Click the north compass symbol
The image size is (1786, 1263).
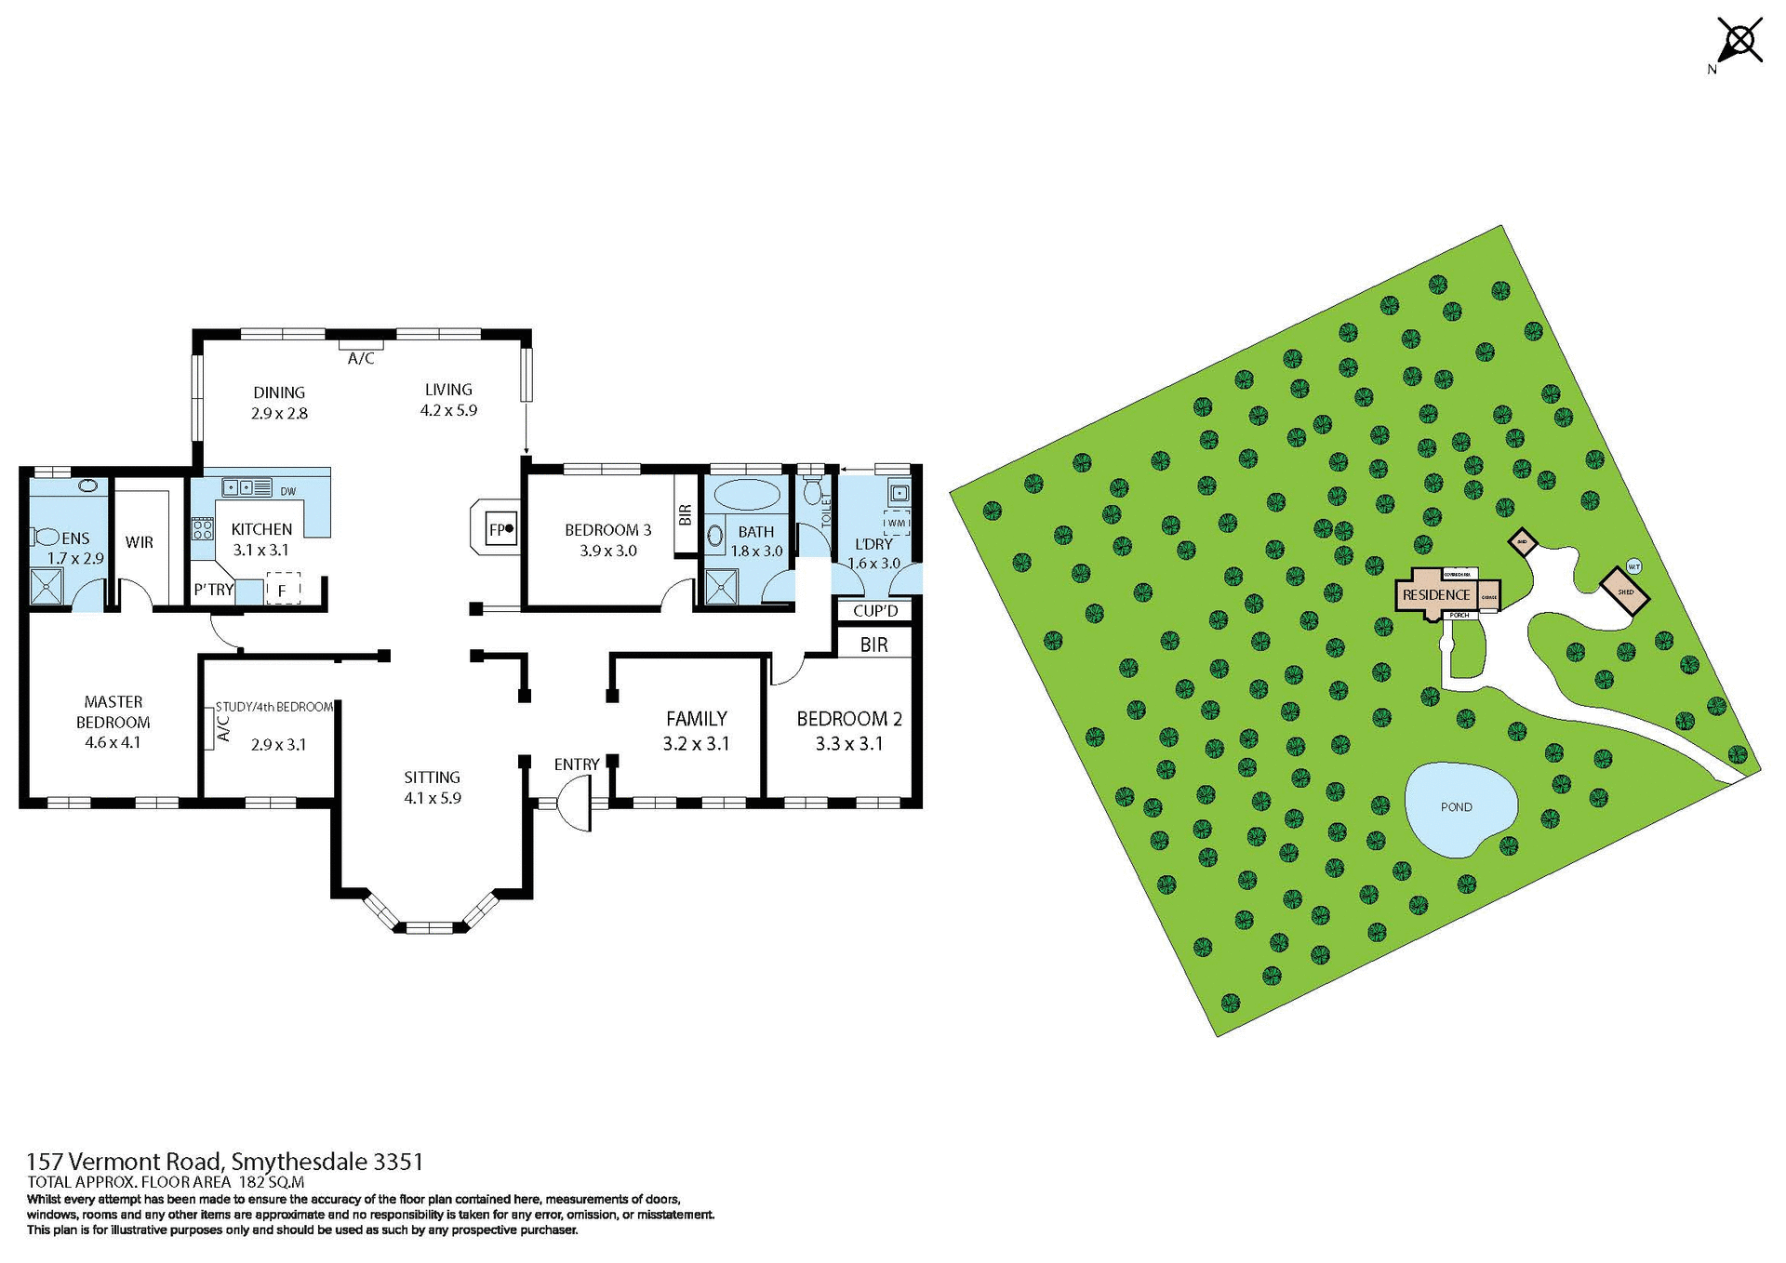(1738, 42)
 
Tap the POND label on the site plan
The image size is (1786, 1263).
(1456, 807)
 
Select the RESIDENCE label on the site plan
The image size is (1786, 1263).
(1436, 595)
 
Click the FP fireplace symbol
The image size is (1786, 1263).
(500, 530)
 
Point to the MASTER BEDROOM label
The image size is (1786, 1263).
(113, 711)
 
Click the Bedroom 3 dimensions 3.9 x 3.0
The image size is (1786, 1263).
(607, 551)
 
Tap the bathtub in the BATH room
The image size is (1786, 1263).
(746, 495)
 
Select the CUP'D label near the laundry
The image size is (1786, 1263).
(875, 611)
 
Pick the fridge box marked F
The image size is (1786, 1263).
(283, 590)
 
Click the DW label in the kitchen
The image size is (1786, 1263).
(288, 491)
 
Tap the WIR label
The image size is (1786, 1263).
(140, 542)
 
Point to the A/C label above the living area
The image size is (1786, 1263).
(361, 358)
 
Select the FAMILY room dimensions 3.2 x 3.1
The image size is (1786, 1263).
(696, 743)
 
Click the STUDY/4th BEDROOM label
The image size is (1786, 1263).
(274, 707)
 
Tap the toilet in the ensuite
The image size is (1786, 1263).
(45, 537)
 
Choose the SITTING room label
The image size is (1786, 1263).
(432, 777)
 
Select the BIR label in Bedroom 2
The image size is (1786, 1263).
(873, 645)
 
